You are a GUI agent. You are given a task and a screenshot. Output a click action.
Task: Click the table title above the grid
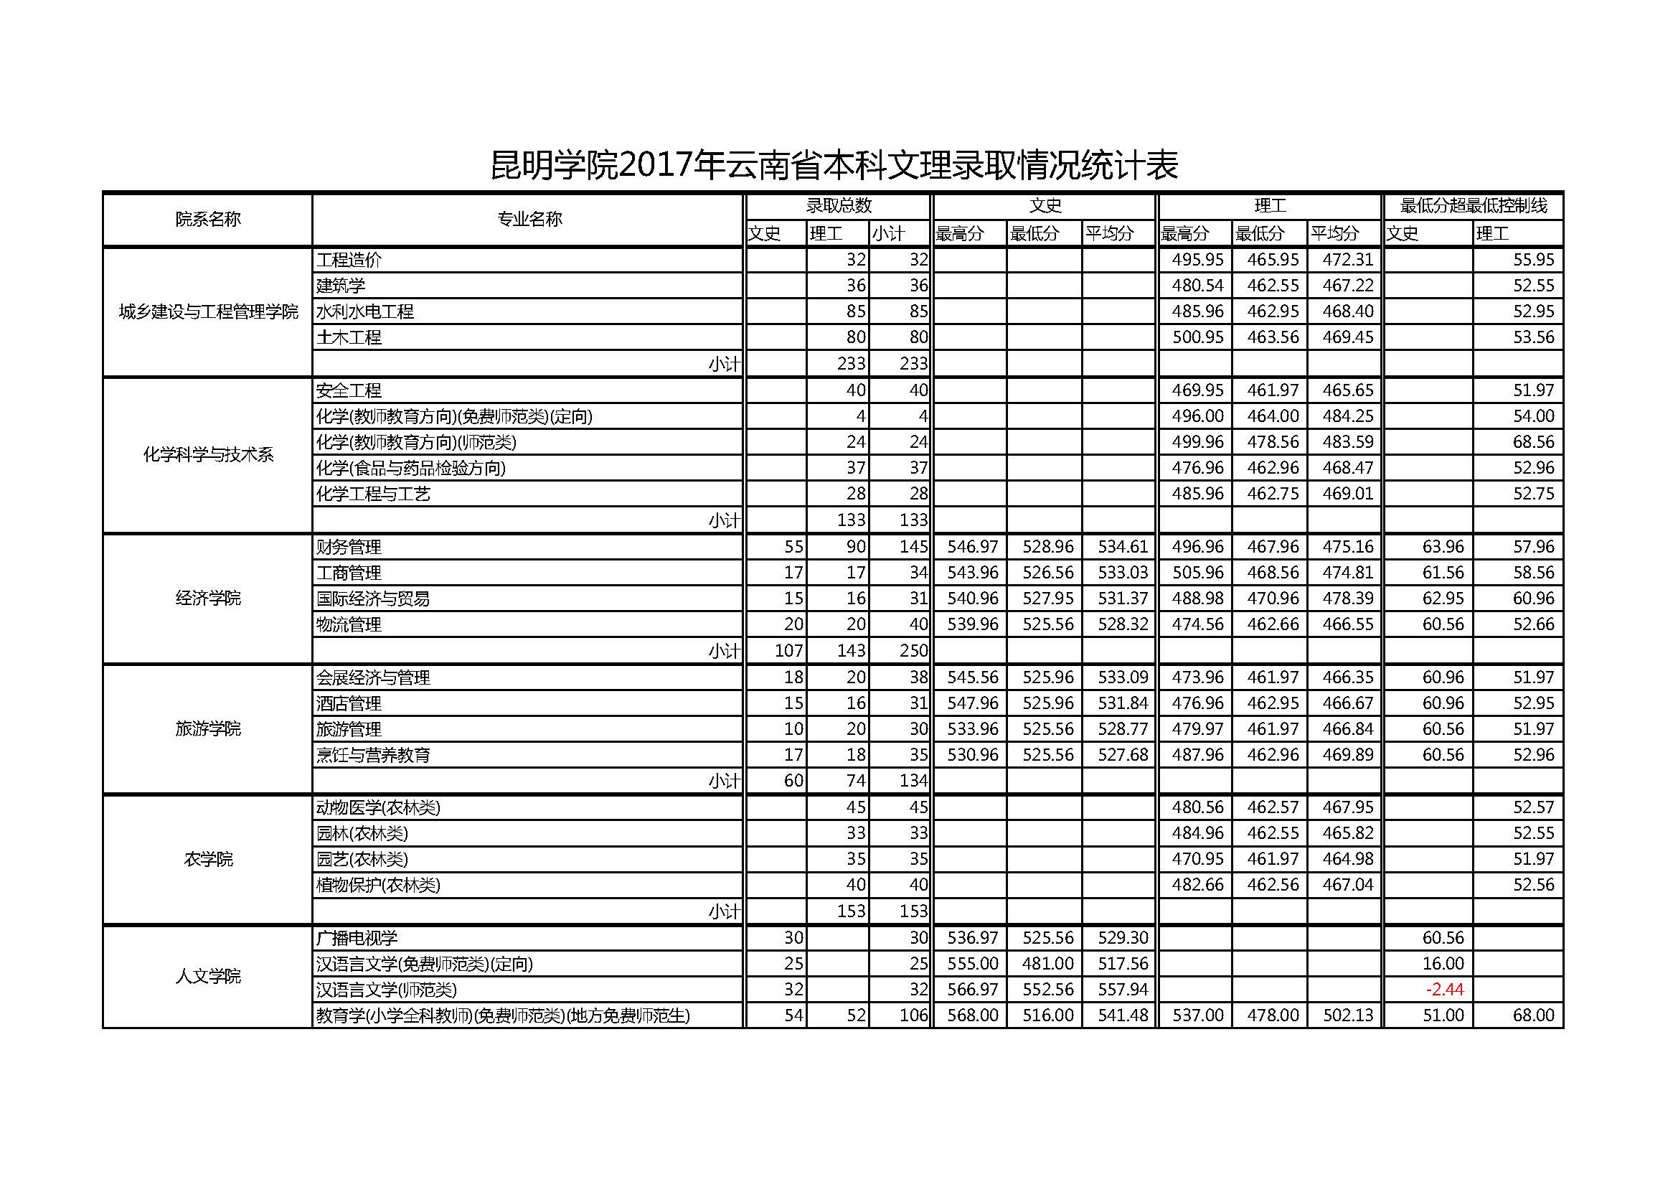tap(833, 165)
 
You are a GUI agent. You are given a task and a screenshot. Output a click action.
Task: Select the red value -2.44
tap(1444, 990)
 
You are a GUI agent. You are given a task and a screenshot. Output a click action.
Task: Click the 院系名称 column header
tap(207, 220)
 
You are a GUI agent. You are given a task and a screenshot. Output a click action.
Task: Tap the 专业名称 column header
tap(529, 220)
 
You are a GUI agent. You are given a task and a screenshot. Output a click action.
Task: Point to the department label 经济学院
tap(207, 599)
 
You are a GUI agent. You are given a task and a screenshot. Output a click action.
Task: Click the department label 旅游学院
tap(207, 728)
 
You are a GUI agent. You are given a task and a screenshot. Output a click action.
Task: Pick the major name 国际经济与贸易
tap(373, 599)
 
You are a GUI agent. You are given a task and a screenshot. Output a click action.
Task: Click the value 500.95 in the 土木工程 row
tap(1197, 338)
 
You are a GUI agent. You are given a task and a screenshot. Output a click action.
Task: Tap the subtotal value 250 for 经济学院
tap(913, 650)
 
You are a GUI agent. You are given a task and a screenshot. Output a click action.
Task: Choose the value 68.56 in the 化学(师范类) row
tap(1533, 442)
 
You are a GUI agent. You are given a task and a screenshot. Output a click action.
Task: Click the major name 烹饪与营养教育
tap(373, 755)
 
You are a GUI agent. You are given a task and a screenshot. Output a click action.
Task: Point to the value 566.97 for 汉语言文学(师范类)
tap(972, 990)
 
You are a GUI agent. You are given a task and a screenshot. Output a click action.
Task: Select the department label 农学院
tap(207, 860)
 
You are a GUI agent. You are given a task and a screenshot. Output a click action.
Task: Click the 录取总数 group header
tap(838, 206)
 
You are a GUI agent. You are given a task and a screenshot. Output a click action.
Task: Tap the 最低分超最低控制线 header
tap(1474, 206)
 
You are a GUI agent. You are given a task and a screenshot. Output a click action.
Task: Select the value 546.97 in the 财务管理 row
tap(972, 547)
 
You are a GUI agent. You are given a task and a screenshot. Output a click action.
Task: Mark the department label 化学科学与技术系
tap(207, 454)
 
